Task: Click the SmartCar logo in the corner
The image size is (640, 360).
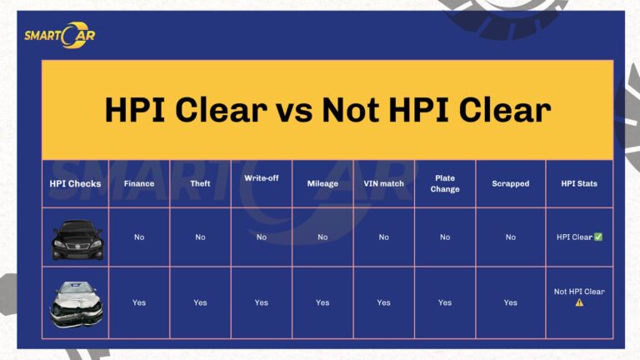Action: click(59, 35)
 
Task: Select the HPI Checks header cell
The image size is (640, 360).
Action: click(75, 183)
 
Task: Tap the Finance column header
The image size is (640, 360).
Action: click(139, 183)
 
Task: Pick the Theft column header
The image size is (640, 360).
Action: click(200, 183)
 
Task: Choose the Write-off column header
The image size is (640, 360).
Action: click(261, 178)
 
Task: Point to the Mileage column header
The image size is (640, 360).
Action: click(322, 183)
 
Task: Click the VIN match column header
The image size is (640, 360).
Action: click(383, 183)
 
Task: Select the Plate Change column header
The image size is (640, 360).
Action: click(445, 183)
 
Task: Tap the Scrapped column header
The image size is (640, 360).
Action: click(510, 183)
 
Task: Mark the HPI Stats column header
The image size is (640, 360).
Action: click(579, 183)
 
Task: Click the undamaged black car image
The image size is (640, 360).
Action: click(77, 238)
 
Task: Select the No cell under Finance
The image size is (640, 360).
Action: click(139, 237)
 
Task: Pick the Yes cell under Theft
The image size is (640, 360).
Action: click(200, 302)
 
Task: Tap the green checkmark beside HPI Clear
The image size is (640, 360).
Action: click(598, 237)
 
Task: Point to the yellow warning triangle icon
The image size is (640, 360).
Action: click(579, 302)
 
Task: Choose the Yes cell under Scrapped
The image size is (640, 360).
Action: click(510, 302)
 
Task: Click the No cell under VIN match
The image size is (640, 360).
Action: click(383, 237)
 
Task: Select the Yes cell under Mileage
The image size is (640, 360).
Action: click(322, 302)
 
